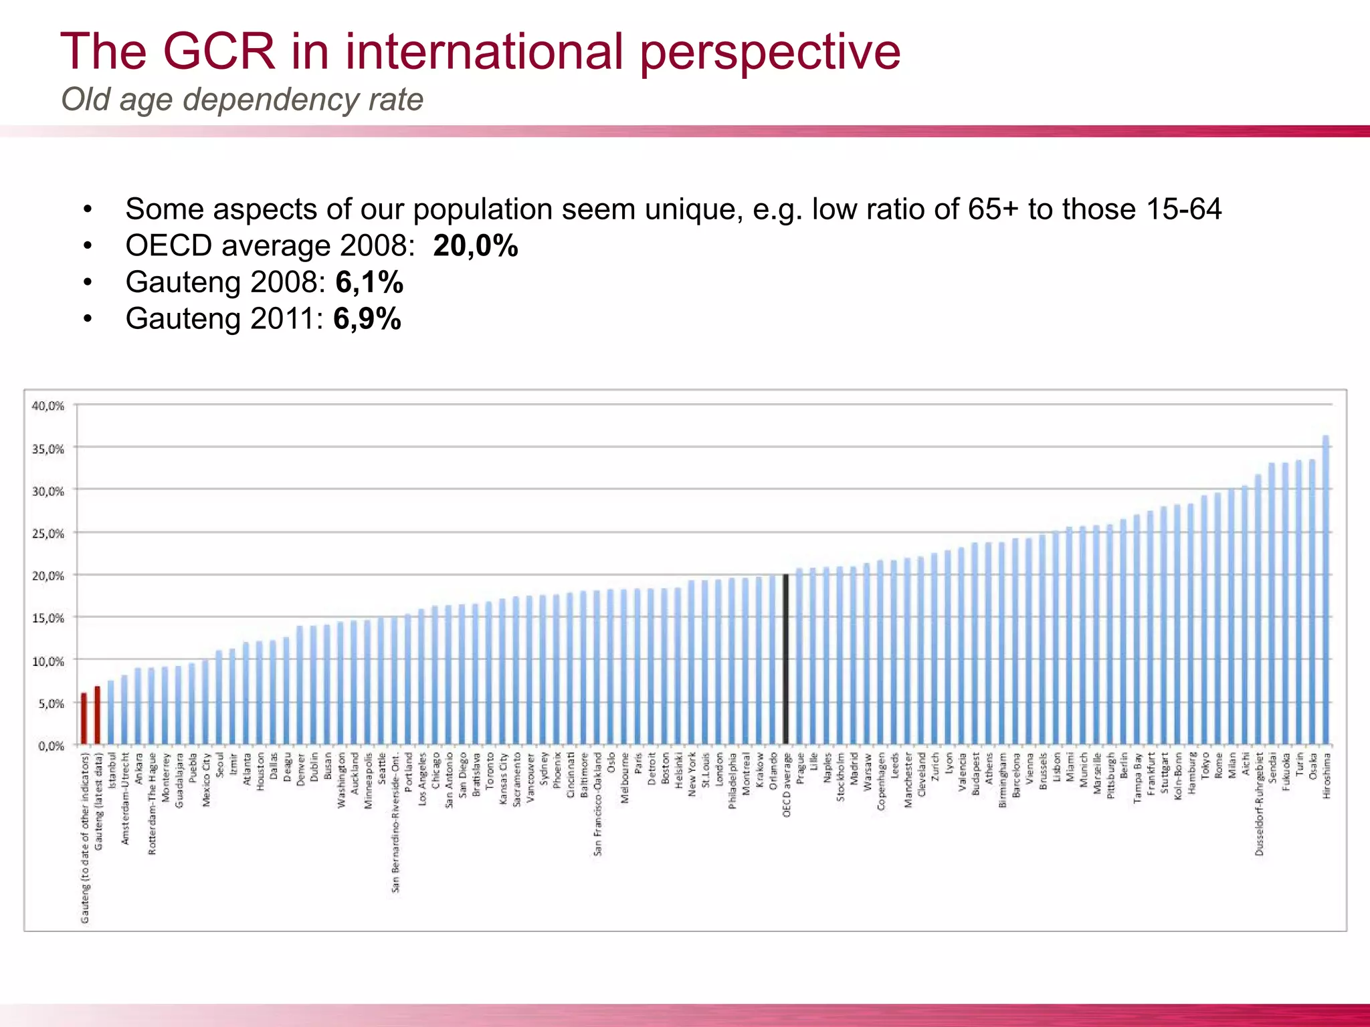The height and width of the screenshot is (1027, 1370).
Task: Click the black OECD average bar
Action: click(786, 659)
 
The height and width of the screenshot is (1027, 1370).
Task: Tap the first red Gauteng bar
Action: click(84, 719)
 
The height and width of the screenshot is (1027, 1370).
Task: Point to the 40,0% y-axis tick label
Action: click(48, 406)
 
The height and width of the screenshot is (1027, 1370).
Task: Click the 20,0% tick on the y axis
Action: click(48, 576)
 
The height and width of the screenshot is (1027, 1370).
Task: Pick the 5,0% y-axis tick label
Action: click(51, 703)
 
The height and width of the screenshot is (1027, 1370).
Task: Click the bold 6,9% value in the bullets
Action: click(367, 318)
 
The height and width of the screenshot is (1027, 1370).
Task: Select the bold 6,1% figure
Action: click(369, 282)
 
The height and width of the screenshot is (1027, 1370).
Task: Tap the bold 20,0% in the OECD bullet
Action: click(475, 246)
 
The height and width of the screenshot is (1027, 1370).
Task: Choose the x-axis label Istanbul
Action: click(112, 770)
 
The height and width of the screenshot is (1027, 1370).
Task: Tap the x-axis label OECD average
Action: click(787, 784)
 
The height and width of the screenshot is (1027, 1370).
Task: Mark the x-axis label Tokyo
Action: click(1205, 765)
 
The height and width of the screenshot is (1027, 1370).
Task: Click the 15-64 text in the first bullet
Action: click(1183, 209)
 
